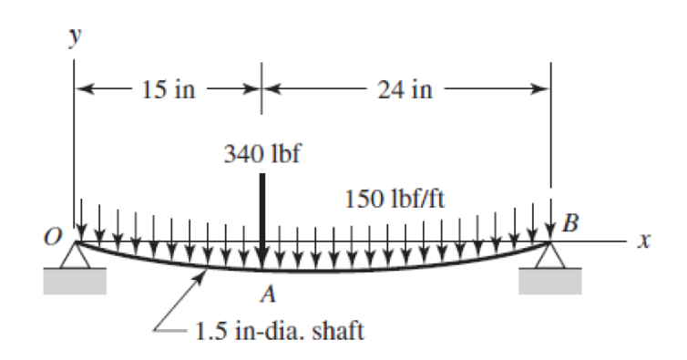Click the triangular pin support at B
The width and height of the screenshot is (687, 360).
tap(550, 257)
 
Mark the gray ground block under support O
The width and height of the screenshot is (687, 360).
tap(75, 282)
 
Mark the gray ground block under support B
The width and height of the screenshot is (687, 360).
tap(550, 282)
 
